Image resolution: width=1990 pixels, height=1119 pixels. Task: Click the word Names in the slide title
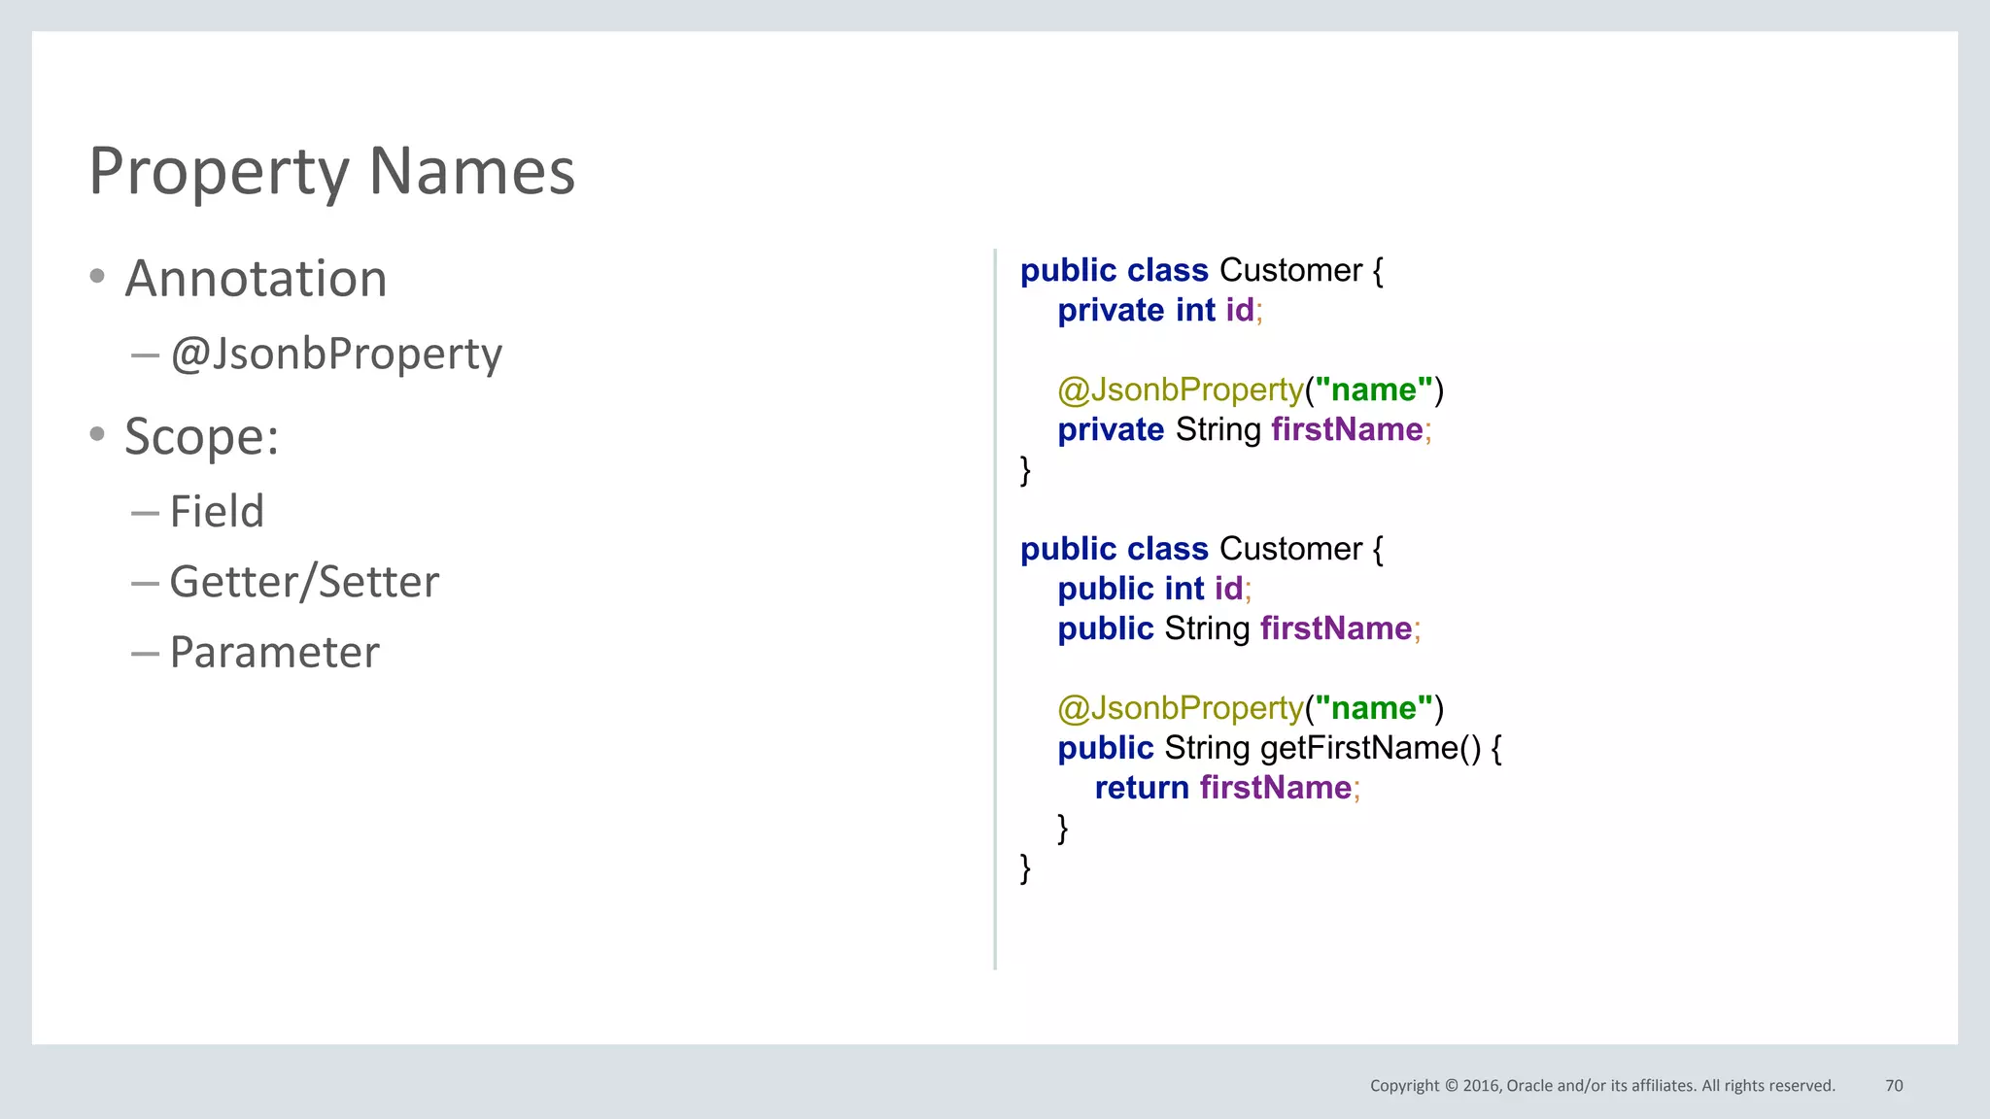(472, 172)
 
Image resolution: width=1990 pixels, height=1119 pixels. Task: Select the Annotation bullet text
(256, 279)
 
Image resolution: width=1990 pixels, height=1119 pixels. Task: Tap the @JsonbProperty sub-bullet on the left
(336, 354)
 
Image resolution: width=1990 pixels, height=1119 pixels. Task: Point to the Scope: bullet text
(201, 436)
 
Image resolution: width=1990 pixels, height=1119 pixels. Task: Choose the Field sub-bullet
(217, 511)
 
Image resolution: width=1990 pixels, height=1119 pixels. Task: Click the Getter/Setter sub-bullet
(304, 582)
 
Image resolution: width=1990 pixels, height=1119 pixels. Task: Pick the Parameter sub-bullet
(275, 652)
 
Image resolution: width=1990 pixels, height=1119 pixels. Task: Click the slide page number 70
(1894, 1085)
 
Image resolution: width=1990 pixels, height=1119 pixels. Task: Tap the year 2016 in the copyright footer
(1482, 1085)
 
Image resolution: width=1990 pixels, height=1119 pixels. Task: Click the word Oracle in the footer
(1529, 1085)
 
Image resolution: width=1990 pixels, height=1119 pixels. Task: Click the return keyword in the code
(1142, 788)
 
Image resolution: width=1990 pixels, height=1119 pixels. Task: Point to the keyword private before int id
(1111, 310)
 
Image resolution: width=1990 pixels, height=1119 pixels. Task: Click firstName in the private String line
(1347, 429)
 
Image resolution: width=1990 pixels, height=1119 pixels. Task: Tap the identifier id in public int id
(1228, 589)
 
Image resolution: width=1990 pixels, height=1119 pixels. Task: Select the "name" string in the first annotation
(1373, 390)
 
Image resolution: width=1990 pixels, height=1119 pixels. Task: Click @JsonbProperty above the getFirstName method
(1180, 708)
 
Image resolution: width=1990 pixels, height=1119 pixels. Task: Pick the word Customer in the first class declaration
(1290, 270)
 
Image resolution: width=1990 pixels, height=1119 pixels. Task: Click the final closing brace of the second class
(1025, 866)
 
